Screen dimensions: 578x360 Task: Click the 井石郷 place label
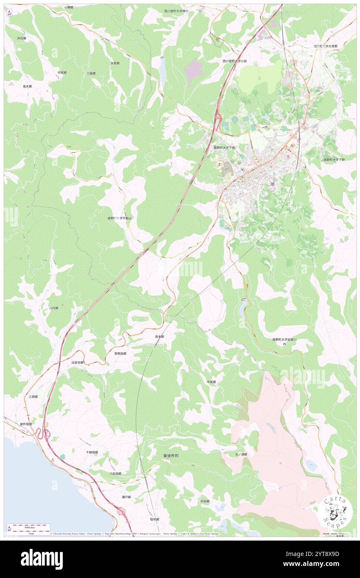pos(22,38)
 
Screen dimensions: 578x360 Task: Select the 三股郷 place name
pos(91,73)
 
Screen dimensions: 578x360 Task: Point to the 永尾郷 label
pos(115,63)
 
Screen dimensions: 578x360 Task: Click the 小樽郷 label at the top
pos(69,7)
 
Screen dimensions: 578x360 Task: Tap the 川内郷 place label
pos(54,308)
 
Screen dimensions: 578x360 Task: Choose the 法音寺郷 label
pos(77,363)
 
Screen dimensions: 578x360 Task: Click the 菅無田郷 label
pos(120,353)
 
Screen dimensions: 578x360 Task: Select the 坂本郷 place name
pos(159,336)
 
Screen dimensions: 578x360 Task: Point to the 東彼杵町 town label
pos(171,456)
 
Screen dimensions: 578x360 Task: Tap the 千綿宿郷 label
pos(92,452)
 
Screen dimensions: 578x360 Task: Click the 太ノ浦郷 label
pos(241,454)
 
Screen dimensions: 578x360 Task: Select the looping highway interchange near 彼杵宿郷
pos(42,435)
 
